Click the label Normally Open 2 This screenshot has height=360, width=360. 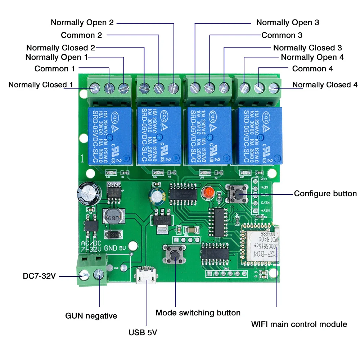coord(82,22)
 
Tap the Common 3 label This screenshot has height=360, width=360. coord(282,35)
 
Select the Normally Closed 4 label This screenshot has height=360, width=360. coord(325,85)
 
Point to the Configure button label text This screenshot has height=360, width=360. coord(325,194)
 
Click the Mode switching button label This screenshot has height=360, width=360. coord(198,313)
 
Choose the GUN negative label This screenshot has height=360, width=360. coord(91,316)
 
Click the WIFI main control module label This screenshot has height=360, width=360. coord(299,324)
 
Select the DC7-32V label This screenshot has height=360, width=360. coord(39,276)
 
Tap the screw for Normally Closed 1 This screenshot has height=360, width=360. coord(95,87)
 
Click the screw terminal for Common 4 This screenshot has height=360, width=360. coord(259,87)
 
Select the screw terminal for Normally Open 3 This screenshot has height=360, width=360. coord(195,87)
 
